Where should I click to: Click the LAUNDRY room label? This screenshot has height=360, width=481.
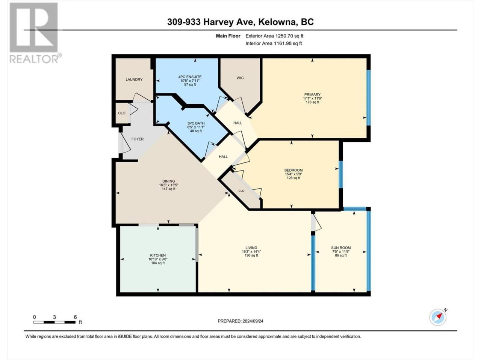pyautogui.click(x=134, y=79)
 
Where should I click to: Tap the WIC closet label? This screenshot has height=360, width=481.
pyautogui.click(x=240, y=78)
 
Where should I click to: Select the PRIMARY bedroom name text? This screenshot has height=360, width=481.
pyautogui.click(x=312, y=94)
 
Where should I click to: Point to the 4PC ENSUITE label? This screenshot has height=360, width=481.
pyautogui.click(x=190, y=77)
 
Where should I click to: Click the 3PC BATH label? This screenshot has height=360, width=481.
pyautogui.click(x=196, y=123)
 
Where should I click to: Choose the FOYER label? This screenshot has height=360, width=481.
pyautogui.click(x=138, y=139)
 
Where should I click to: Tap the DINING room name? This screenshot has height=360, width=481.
pyautogui.click(x=168, y=181)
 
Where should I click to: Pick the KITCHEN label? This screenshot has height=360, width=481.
pyautogui.click(x=158, y=255)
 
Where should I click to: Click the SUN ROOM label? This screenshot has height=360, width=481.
pyautogui.click(x=341, y=247)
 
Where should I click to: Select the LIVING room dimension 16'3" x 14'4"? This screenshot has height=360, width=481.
pyautogui.click(x=251, y=251)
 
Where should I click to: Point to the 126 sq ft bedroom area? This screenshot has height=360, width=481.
pyautogui.click(x=293, y=178)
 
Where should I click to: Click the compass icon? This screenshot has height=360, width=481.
pyautogui.click(x=438, y=317)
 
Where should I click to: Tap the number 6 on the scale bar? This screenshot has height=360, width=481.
pyautogui.click(x=75, y=317)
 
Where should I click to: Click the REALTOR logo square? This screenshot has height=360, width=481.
pyautogui.click(x=34, y=27)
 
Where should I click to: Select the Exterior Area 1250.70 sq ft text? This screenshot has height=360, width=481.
pyautogui.click(x=274, y=36)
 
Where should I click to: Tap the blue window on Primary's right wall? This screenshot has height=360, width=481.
pyautogui.click(x=369, y=98)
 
